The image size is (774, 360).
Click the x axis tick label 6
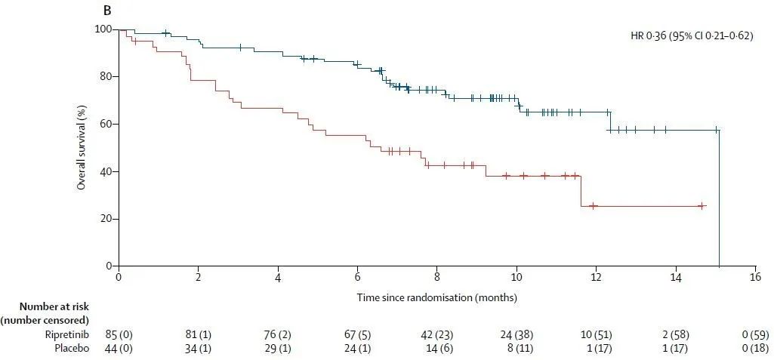pos(357,278)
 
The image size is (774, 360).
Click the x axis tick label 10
pos(517,278)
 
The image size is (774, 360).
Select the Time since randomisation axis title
pos(436,297)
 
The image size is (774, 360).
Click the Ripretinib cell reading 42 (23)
pos(436,334)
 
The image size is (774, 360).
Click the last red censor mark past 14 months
pos(702,205)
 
